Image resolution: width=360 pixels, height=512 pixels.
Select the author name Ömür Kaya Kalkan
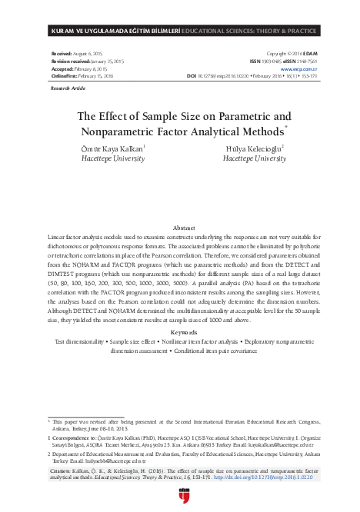[x=114, y=148]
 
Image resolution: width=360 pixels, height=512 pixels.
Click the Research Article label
[x=66, y=89]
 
